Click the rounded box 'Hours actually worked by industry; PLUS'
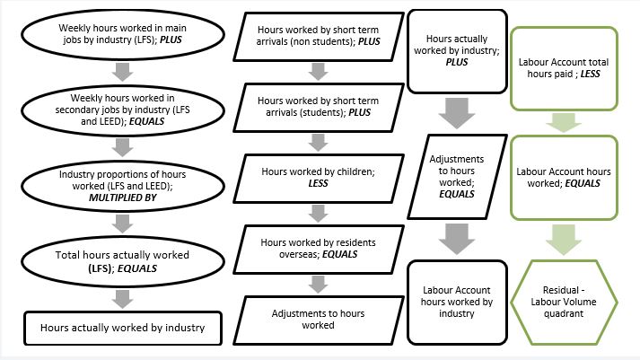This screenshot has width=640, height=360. [x=457, y=50]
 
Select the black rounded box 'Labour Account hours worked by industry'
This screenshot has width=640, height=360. [x=457, y=302]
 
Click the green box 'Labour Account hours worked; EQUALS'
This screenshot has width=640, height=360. [x=565, y=177]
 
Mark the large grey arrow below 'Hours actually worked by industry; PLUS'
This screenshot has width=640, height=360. [x=457, y=110]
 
